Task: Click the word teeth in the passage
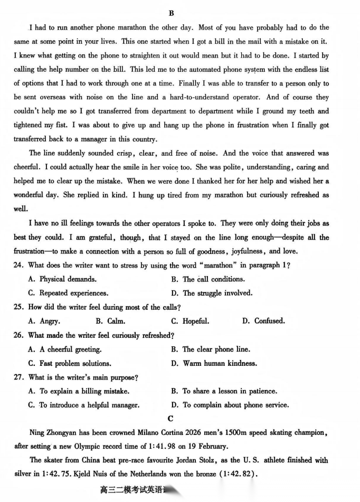303,111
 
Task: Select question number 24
19,265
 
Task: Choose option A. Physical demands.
62,279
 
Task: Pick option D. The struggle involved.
212,293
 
